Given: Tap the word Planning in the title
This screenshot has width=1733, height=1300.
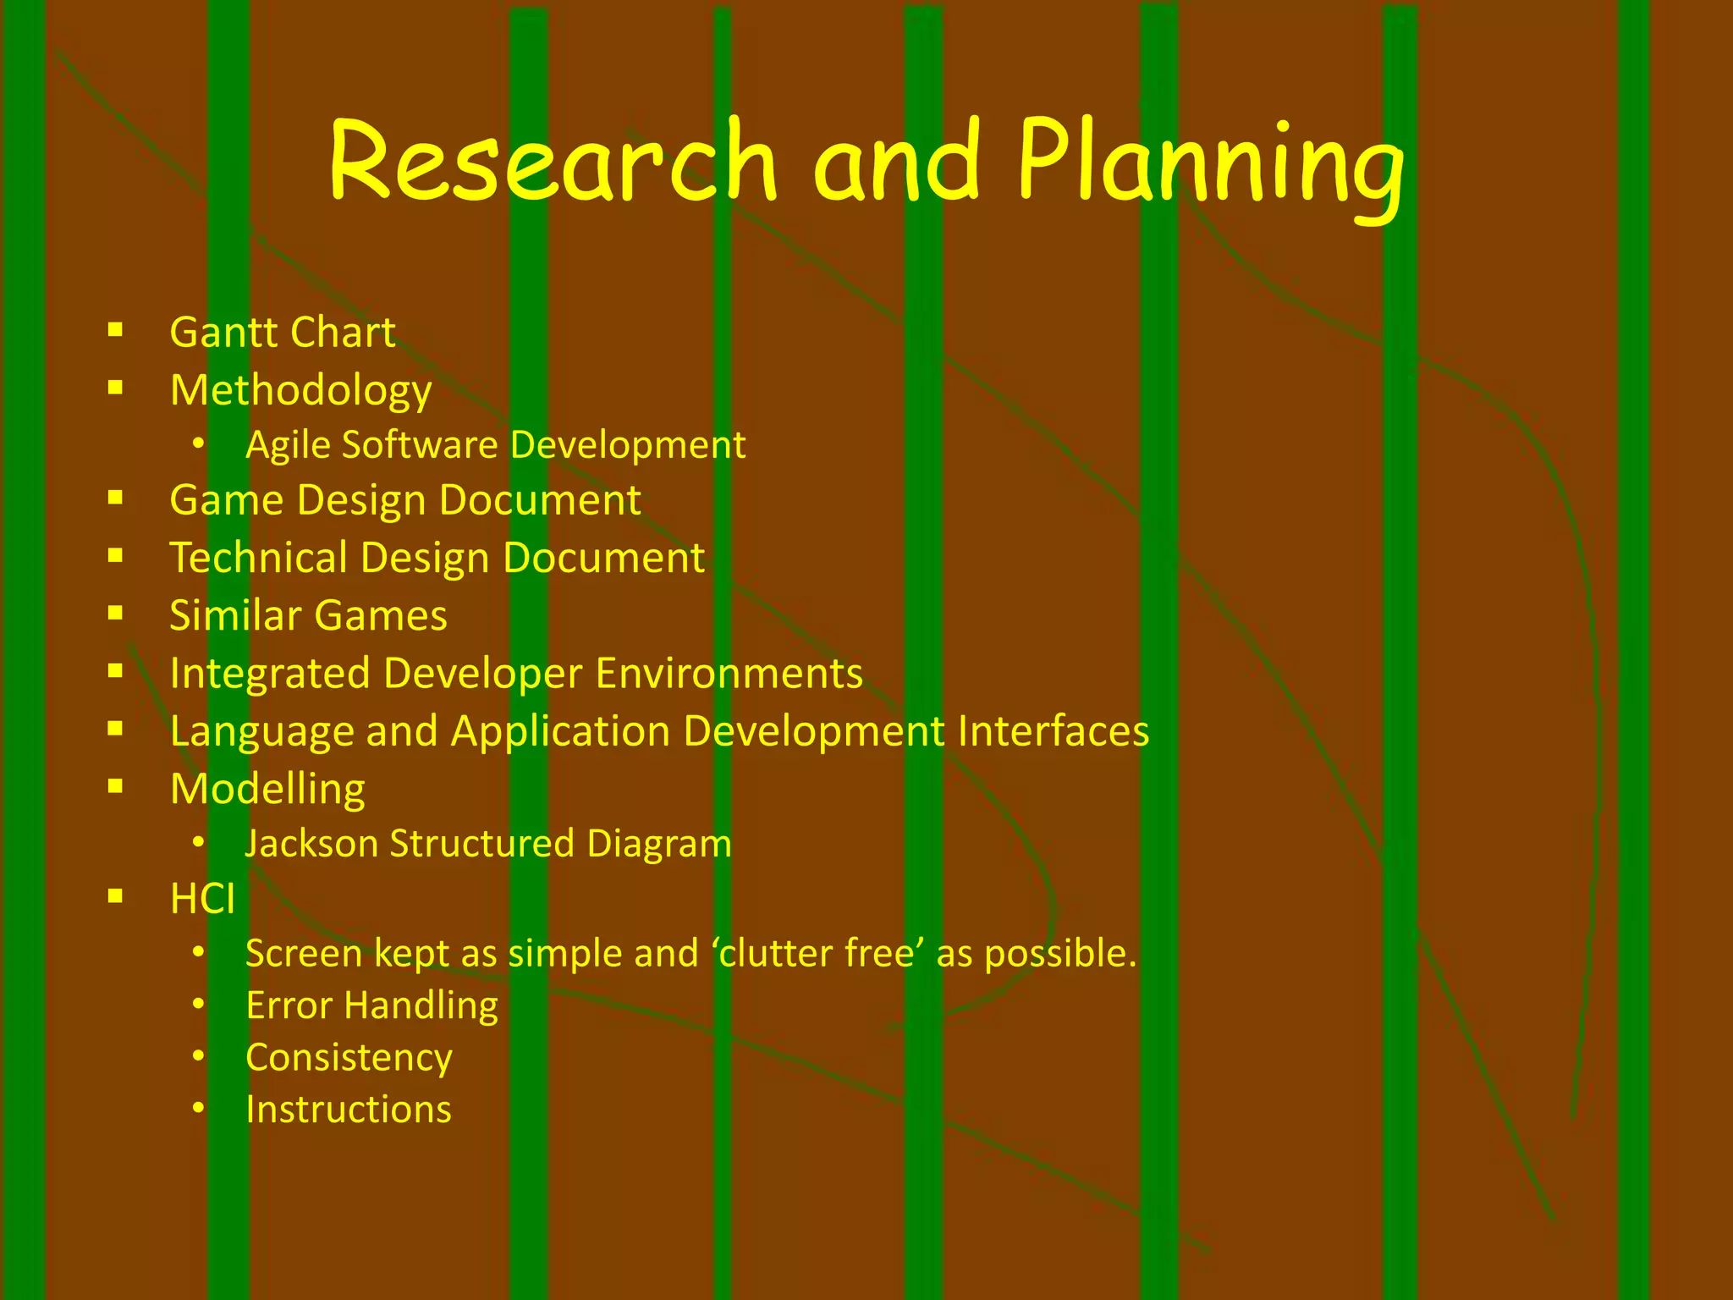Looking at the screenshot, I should (x=1210, y=165).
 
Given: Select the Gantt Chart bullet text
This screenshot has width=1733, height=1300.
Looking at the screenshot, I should (x=282, y=332).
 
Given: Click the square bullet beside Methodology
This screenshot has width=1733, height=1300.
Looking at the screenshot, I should (x=116, y=388).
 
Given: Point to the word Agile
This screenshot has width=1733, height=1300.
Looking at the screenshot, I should (x=287, y=446).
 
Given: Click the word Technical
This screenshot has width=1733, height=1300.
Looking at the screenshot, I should (x=259, y=558).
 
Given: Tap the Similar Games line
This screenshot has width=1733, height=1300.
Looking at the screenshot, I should (x=308, y=615).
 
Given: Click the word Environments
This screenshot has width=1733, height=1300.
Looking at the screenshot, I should (x=729, y=674).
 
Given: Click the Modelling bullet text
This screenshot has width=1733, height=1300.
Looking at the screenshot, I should (x=267, y=790).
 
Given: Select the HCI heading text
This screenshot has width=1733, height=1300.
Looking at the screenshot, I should (x=202, y=899).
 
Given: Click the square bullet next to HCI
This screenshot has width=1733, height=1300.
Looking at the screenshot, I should (x=116, y=896).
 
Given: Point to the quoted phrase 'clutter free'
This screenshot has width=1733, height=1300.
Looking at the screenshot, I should (x=818, y=953).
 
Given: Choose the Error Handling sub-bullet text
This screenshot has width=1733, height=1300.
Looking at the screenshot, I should (x=371, y=1006).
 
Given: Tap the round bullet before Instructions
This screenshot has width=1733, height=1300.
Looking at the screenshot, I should (x=198, y=1108).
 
